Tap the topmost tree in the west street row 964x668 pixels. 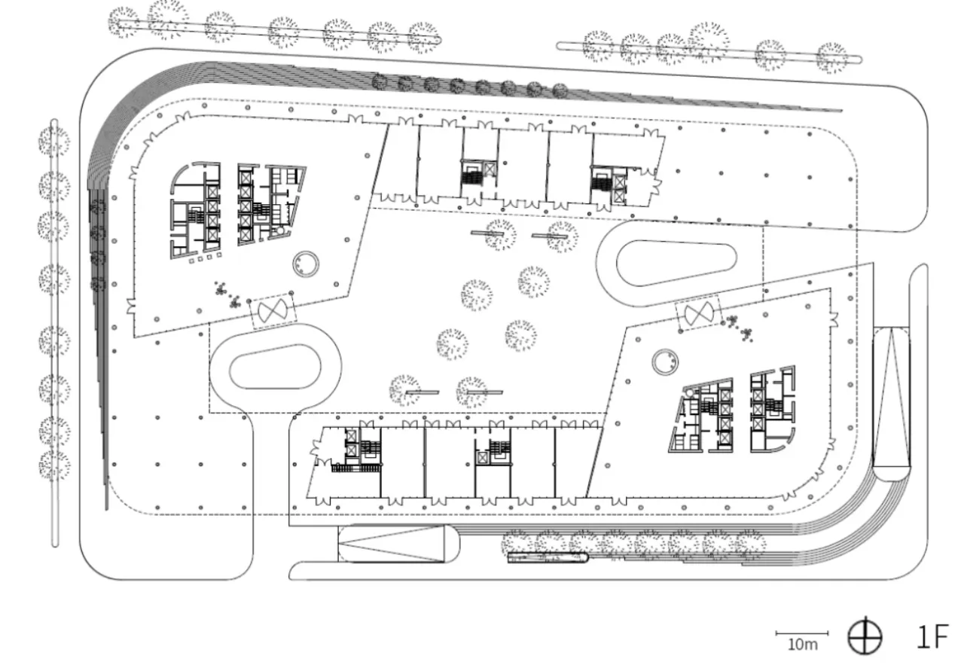[x=54, y=141]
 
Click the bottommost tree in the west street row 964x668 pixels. [x=54, y=465]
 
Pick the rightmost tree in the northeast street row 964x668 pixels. [x=832, y=58]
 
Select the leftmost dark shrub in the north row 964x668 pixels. [x=380, y=81]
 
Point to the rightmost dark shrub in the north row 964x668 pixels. [x=560, y=91]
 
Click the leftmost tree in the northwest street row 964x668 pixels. [x=124, y=23]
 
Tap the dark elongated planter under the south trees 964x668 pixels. [x=548, y=558]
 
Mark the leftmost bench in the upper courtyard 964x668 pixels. [x=487, y=233]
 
